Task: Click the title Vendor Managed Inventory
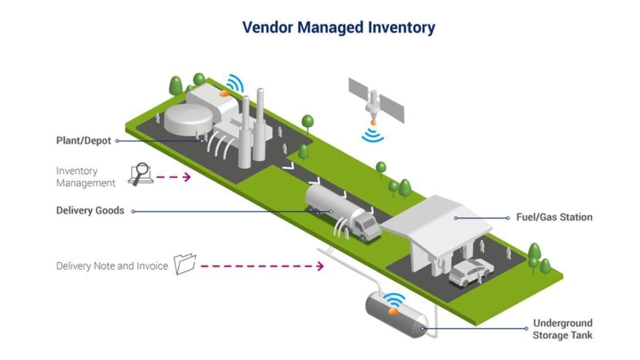click(x=339, y=27)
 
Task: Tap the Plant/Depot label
click(x=84, y=141)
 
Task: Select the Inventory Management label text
click(x=86, y=177)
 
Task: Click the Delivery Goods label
click(x=90, y=211)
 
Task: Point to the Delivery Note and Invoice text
click(x=112, y=266)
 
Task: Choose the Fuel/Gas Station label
click(x=554, y=217)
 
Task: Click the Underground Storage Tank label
click(x=562, y=329)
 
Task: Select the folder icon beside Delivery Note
click(x=185, y=264)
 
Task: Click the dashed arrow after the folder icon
click(x=261, y=266)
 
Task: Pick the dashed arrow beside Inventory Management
click(x=173, y=177)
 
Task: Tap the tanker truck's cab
click(x=366, y=226)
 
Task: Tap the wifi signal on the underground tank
click(x=395, y=301)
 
